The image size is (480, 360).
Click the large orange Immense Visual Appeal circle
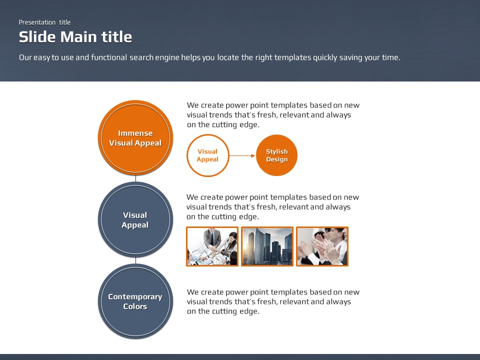click(135, 138)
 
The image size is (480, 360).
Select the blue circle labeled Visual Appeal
click(135, 219)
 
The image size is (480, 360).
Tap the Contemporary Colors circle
click(135, 301)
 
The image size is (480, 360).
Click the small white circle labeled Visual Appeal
click(208, 155)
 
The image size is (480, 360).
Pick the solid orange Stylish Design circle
click(276, 155)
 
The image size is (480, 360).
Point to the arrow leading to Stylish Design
click(242, 155)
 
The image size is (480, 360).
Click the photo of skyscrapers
click(267, 246)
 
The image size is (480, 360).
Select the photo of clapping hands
click(322, 246)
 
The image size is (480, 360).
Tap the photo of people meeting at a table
click(212, 246)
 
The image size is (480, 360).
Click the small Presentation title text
click(44, 22)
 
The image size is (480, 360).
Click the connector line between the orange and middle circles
click(135, 178)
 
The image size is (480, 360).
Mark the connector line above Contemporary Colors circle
click(135, 260)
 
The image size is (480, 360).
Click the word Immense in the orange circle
click(135, 133)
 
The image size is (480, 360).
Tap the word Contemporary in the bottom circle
click(135, 297)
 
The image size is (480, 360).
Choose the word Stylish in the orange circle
click(276, 151)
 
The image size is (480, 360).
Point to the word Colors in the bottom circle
click(135, 306)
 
